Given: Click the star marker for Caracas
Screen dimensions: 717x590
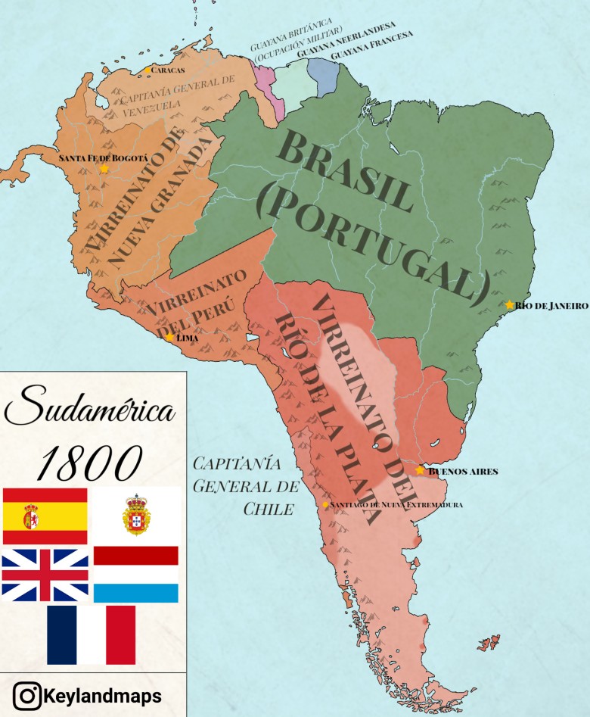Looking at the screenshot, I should pyautogui.click(x=147, y=70).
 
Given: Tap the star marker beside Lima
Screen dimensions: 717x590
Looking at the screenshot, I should pyautogui.click(x=169, y=338).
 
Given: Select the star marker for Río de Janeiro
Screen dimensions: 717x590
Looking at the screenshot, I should pyautogui.click(x=510, y=305).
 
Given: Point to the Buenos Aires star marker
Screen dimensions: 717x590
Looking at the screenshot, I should pyautogui.click(x=421, y=470).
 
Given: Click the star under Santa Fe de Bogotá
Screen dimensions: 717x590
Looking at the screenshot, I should pyautogui.click(x=104, y=169).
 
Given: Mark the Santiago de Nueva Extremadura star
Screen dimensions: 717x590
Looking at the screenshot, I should pyautogui.click(x=325, y=504).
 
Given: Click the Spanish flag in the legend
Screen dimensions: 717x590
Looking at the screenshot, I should pyautogui.click(x=45, y=516).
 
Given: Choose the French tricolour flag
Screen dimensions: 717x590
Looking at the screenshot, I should pyautogui.click(x=91, y=634).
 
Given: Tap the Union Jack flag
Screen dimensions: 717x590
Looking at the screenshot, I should pyautogui.click(x=45, y=575).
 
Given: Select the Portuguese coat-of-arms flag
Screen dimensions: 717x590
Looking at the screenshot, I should pyautogui.click(x=136, y=516).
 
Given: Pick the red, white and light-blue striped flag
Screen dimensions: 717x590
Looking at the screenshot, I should pyautogui.click(x=136, y=575).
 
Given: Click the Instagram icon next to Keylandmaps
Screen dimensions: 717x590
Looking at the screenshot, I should pyautogui.click(x=27, y=695).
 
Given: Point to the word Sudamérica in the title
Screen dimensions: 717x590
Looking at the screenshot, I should pyautogui.click(x=91, y=409).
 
